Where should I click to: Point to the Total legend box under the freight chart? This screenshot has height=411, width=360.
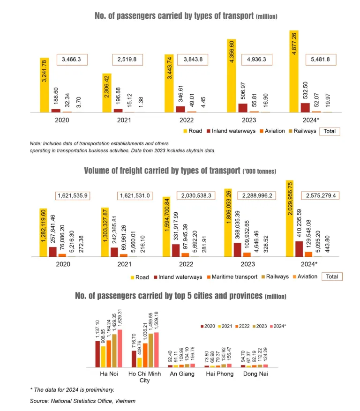pos(331,276)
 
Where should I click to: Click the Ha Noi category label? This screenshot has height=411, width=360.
pos(108,374)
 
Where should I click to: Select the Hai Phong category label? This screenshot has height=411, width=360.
pos(217,374)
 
